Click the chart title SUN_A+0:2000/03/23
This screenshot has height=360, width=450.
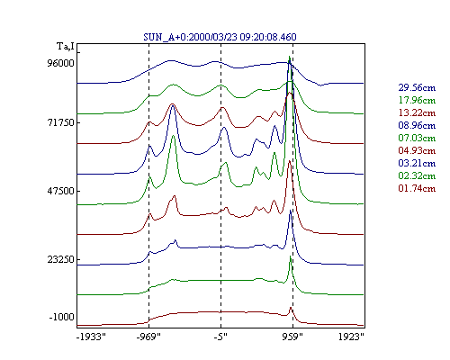coord(190,37)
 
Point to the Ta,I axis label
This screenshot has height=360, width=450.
coord(66,47)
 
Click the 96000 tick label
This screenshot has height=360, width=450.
coord(60,63)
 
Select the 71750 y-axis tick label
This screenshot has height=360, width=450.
coord(60,122)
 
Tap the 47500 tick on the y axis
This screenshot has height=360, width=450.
coord(60,191)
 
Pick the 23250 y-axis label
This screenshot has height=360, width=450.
coord(60,259)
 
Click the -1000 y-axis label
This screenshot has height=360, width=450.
coord(62,317)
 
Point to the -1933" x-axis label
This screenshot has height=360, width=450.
coord(92,337)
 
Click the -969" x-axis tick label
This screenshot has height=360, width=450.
coord(148,337)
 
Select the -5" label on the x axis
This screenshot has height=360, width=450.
coord(220,337)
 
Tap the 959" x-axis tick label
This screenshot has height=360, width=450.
coord(292,337)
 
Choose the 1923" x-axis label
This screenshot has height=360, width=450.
coord(352,337)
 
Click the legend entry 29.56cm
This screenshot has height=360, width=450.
coord(417,87)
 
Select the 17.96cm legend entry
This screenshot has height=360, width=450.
coord(417,100)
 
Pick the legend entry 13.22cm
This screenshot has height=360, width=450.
coord(417,112)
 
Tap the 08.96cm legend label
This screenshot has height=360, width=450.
coord(417,125)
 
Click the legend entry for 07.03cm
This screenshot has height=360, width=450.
coord(417,138)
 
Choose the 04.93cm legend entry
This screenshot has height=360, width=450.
coord(417,150)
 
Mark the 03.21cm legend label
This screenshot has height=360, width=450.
coord(417,163)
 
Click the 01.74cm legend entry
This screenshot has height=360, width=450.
coord(417,188)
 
